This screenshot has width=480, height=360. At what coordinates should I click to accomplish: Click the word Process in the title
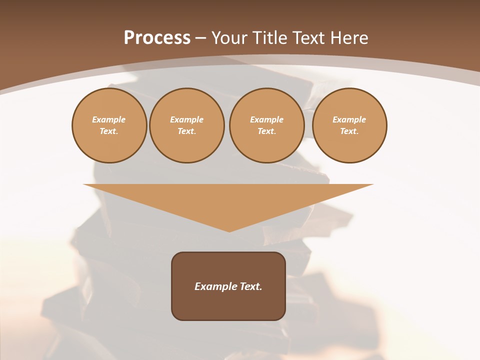157,38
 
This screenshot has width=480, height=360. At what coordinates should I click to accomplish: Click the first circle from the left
109,125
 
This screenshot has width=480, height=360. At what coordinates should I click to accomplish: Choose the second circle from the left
187,125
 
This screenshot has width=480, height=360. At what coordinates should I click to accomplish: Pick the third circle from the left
267,125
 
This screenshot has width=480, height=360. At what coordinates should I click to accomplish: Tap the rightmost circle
349,125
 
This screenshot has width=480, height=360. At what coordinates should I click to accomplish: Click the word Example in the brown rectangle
215,286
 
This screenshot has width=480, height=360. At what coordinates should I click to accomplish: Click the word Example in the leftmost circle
109,119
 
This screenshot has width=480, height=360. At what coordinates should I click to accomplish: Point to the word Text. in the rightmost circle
349,131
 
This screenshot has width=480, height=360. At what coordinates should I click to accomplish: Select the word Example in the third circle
267,119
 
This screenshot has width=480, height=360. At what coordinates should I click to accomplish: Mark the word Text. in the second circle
187,131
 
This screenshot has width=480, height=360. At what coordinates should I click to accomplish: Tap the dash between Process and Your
201,38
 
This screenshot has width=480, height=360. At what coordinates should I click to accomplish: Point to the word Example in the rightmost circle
349,119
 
